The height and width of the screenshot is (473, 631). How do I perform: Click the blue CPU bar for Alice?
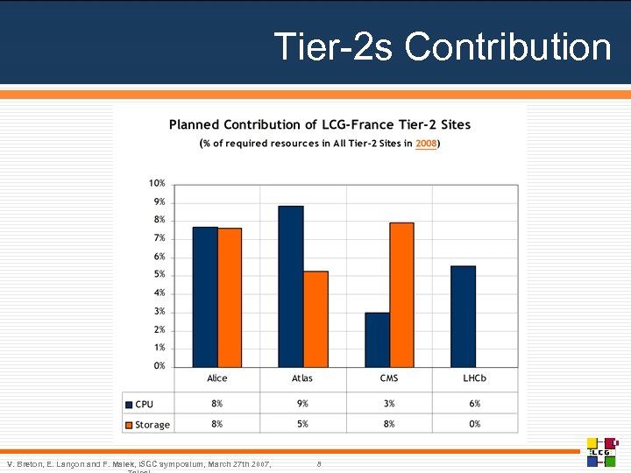tap(205, 297)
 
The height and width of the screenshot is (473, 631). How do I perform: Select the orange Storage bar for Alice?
tap(230, 298)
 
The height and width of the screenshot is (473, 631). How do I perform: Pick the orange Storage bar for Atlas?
tap(315, 319)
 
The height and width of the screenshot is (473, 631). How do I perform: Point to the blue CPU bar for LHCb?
tap(463, 316)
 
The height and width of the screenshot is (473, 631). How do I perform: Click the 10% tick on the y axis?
tap(156, 183)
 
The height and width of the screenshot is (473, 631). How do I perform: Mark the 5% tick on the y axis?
tap(159, 275)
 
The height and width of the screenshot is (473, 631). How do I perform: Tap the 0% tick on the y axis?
tap(159, 366)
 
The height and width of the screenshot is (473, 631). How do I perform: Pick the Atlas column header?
tap(302, 378)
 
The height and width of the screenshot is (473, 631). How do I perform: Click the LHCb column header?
tap(474, 378)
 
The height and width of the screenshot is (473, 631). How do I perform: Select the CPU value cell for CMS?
tap(389, 404)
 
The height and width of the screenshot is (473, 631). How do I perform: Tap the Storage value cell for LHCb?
tap(474, 424)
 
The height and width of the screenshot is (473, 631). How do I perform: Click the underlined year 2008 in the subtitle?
tap(426, 144)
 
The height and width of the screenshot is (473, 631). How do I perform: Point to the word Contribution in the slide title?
tap(507, 46)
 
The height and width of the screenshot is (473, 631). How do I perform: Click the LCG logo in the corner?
tap(603, 451)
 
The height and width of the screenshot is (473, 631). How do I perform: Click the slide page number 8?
tap(320, 463)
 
